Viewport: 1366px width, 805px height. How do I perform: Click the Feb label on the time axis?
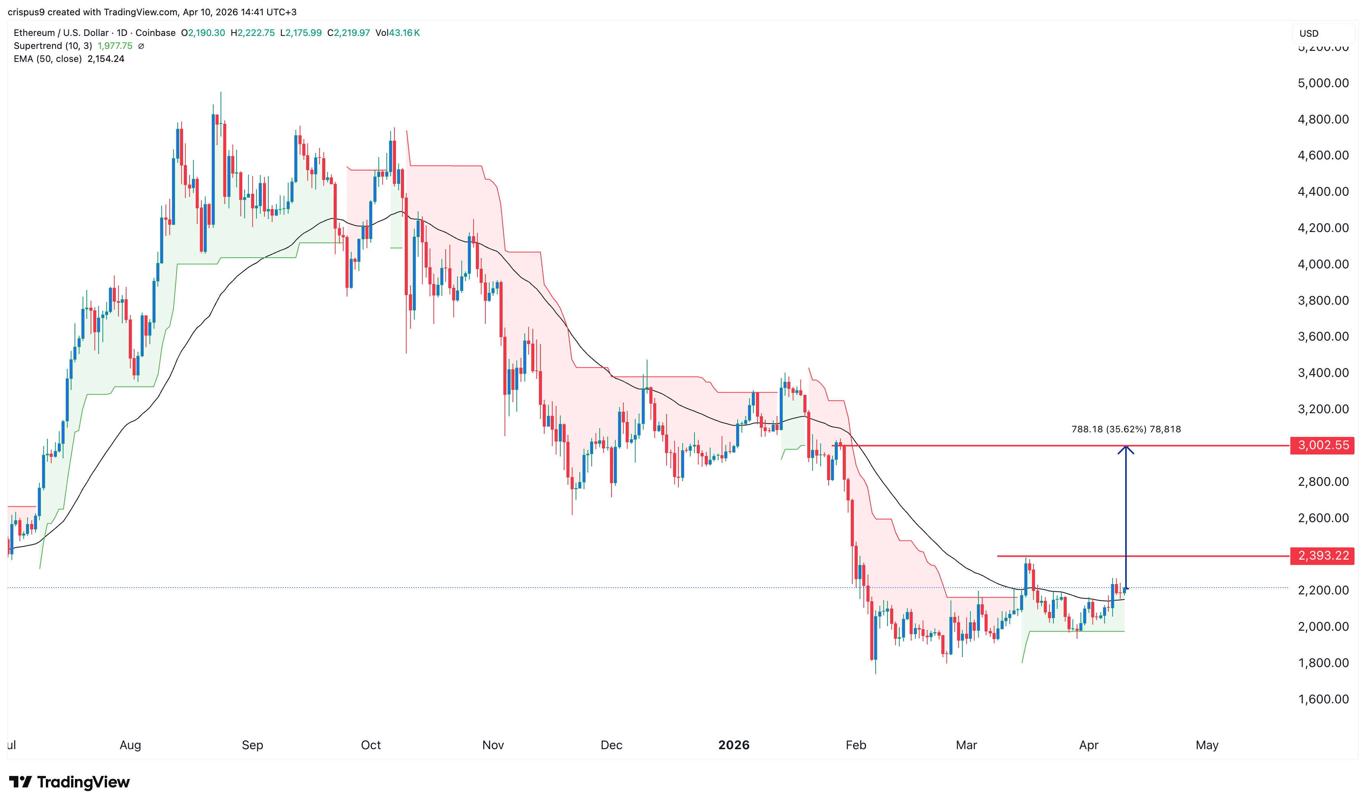[856, 745]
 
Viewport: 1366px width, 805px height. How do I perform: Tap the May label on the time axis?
[1207, 745]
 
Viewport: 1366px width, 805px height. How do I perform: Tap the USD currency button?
[1309, 34]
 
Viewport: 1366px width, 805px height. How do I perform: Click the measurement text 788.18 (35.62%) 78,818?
[1126, 430]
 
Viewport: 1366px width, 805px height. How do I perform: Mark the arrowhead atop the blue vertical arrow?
[1126, 448]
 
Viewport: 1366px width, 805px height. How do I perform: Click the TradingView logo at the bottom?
[70, 782]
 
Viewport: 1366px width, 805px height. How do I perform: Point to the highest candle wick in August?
[221, 93]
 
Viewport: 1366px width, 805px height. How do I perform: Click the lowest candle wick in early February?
[875, 673]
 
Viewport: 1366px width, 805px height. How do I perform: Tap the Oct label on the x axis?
[370, 745]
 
